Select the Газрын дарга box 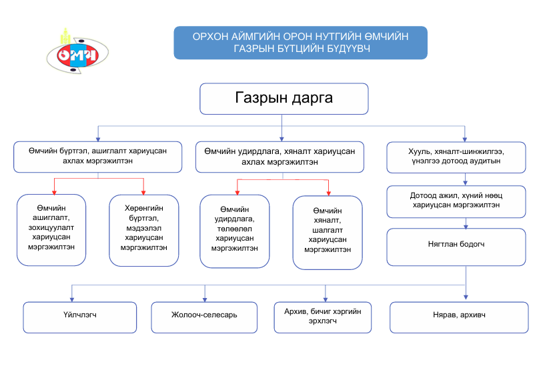(x=284, y=99)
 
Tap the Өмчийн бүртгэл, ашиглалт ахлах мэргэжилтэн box (x=98, y=156)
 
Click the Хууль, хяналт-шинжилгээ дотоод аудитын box (x=465, y=156)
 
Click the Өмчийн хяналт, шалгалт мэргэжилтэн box (x=327, y=231)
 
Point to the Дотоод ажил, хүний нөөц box (x=465, y=201)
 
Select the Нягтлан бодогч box (x=465, y=245)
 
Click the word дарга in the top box (x=307, y=99)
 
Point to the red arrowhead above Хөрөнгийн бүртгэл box (x=143, y=191)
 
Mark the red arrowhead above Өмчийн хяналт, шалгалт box (x=328, y=193)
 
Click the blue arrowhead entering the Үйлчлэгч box (x=72, y=299)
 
